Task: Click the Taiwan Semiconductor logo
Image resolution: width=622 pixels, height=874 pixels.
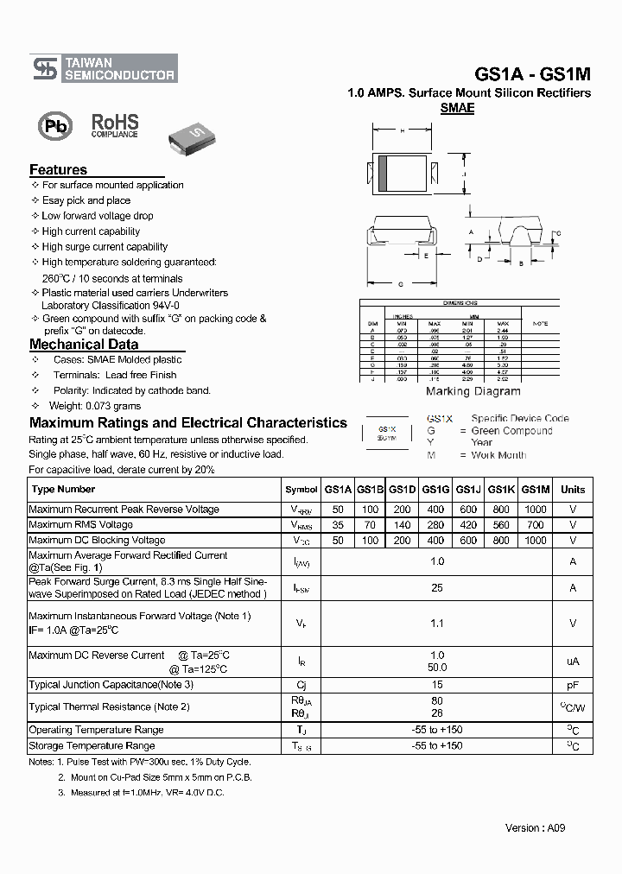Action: [104, 68]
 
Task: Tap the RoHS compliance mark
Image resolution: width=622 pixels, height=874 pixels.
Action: [115, 124]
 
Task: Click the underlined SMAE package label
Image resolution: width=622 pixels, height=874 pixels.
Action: [457, 109]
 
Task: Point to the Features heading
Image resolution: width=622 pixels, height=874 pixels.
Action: [58, 170]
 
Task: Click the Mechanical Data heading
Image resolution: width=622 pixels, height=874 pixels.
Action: [84, 345]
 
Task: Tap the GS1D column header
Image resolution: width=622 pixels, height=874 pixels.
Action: [402, 490]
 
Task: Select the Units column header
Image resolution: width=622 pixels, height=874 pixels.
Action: [573, 490]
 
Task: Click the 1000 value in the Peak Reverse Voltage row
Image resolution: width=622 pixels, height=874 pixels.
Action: [536, 510]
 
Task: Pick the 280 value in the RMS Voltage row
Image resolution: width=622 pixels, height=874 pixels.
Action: [435, 525]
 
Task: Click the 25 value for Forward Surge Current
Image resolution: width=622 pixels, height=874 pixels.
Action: [437, 588]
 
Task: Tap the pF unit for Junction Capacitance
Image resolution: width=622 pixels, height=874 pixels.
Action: [573, 685]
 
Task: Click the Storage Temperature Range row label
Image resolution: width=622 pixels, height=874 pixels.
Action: [92, 745]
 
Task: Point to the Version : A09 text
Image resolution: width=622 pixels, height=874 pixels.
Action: [535, 827]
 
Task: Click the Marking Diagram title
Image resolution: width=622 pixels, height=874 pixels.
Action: [473, 391]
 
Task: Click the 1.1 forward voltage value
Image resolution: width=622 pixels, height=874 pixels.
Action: [437, 623]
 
